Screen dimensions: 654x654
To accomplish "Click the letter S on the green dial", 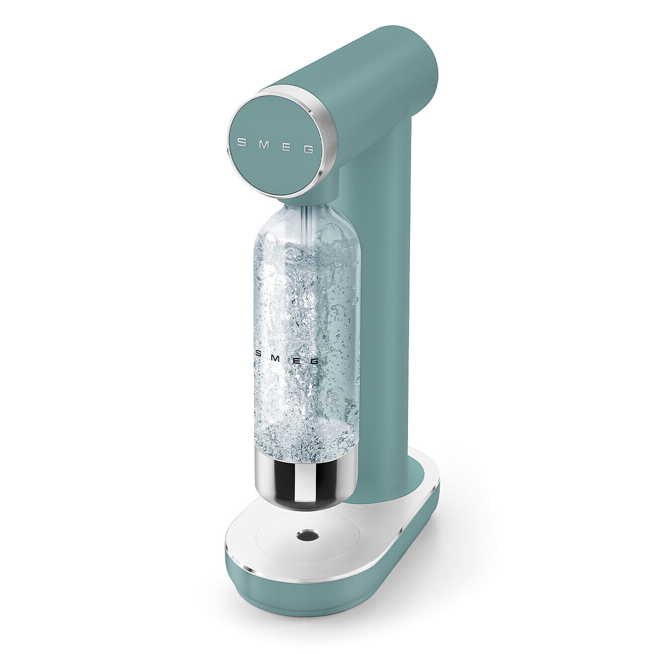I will click(x=241, y=142).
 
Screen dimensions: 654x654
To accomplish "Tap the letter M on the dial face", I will click(x=263, y=145).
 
